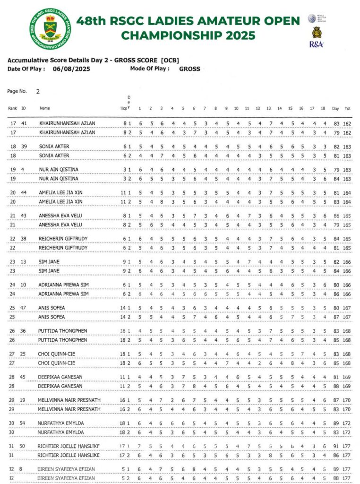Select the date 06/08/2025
tap(71, 69)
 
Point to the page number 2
tap(38, 92)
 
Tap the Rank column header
tap(12, 109)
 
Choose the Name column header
tap(45, 109)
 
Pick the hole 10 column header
tap(236, 109)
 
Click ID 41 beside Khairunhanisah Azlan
tap(23, 123)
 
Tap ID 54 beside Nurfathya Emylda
tap(23, 423)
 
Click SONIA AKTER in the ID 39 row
tap(54, 147)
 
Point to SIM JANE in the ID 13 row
tap(49, 262)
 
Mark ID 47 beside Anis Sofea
tap(23, 308)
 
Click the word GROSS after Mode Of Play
tap(189, 69)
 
